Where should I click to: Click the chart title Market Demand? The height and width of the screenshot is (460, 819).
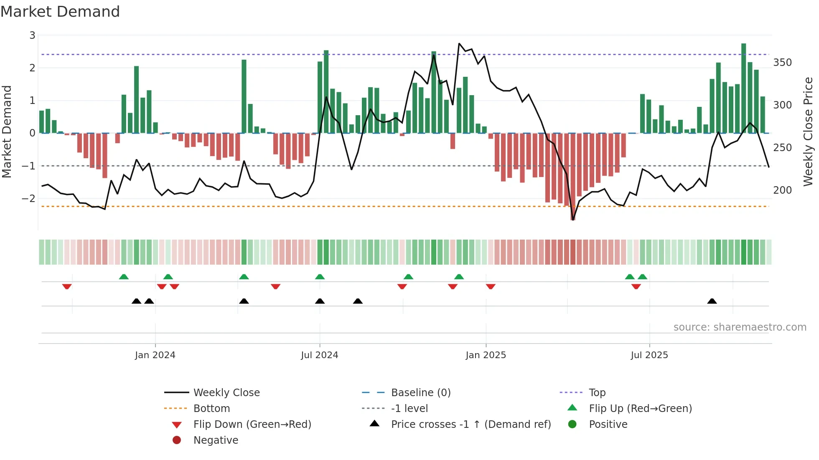(x=60, y=12)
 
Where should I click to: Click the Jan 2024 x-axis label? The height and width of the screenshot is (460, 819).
(x=155, y=355)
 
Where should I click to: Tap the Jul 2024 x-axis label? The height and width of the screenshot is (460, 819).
(x=320, y=355)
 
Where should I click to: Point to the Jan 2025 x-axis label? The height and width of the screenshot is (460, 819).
(x=486, y=355)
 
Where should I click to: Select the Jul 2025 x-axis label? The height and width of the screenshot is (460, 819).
(x=649, y=355)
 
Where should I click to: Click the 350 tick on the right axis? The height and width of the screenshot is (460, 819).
(x=782, y=63)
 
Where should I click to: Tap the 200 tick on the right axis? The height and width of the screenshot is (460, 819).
(x=782, y=190)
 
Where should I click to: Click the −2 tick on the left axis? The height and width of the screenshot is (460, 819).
(x=28, y=198)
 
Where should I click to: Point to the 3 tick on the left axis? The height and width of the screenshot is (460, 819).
(x=32, y=35)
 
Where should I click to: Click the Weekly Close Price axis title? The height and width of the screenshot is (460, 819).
(x=808, y=131)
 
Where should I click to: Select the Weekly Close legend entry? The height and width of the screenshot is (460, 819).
(x=226, y=393)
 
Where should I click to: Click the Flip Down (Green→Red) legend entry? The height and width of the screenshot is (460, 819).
(x=252, y=425)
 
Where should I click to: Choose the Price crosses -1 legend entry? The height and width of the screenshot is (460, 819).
(x=471, y=425)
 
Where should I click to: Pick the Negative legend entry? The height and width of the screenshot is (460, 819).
(x=216, y=440)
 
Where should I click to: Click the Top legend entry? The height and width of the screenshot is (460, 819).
(x=597, y=393)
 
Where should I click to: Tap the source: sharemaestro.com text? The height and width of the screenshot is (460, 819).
(x=740, y=327)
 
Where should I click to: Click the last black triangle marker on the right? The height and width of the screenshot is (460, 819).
(x=712, y=301)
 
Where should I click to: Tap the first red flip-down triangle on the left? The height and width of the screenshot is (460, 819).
(x=67, y=286)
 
